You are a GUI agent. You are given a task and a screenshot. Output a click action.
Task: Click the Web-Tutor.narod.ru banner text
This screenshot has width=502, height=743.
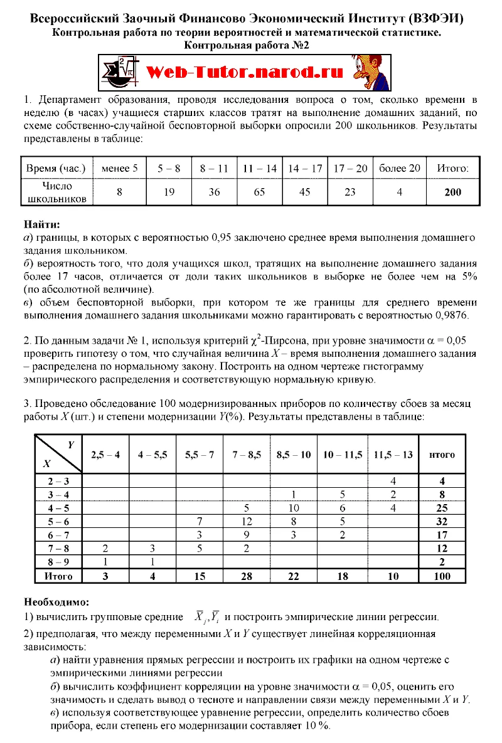pos(245,72)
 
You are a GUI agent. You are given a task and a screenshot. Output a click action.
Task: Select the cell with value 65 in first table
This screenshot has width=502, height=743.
pos(259,192)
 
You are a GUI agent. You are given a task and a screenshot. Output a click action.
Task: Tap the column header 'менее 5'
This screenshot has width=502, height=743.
pos(119,169)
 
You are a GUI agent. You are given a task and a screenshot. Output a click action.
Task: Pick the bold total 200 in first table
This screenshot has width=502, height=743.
pos(452,192)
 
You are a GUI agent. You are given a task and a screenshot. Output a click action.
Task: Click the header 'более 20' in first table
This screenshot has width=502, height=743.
pos(399,169)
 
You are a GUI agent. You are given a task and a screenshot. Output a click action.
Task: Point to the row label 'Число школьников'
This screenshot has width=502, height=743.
pos(57,192)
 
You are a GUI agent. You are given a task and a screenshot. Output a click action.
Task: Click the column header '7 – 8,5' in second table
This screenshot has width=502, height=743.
pos(246,455)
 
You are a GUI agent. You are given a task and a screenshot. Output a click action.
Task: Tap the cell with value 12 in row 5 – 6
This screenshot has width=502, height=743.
pos(246,520)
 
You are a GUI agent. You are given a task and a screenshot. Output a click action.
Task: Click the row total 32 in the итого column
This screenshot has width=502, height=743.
pos(442,520)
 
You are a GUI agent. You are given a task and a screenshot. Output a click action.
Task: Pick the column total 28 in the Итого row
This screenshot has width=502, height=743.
pos(246,576)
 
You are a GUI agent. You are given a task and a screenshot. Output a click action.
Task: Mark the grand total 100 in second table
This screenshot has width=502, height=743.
pos(442,576)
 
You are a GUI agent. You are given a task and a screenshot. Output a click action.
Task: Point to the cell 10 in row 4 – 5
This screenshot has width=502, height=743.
pos(293,507)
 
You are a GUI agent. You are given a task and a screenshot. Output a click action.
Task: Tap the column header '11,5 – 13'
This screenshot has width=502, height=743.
pos(393,455)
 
